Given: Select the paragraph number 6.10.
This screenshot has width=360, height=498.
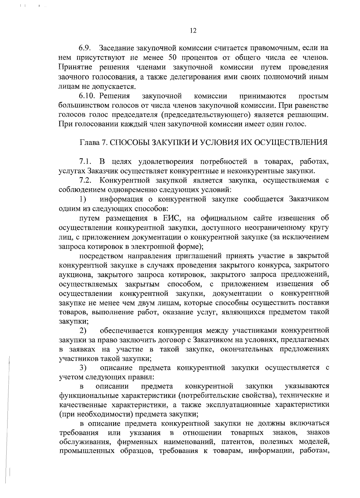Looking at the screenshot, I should click(87, 96).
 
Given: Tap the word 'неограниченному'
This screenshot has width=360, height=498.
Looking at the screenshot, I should click(273, 228).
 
